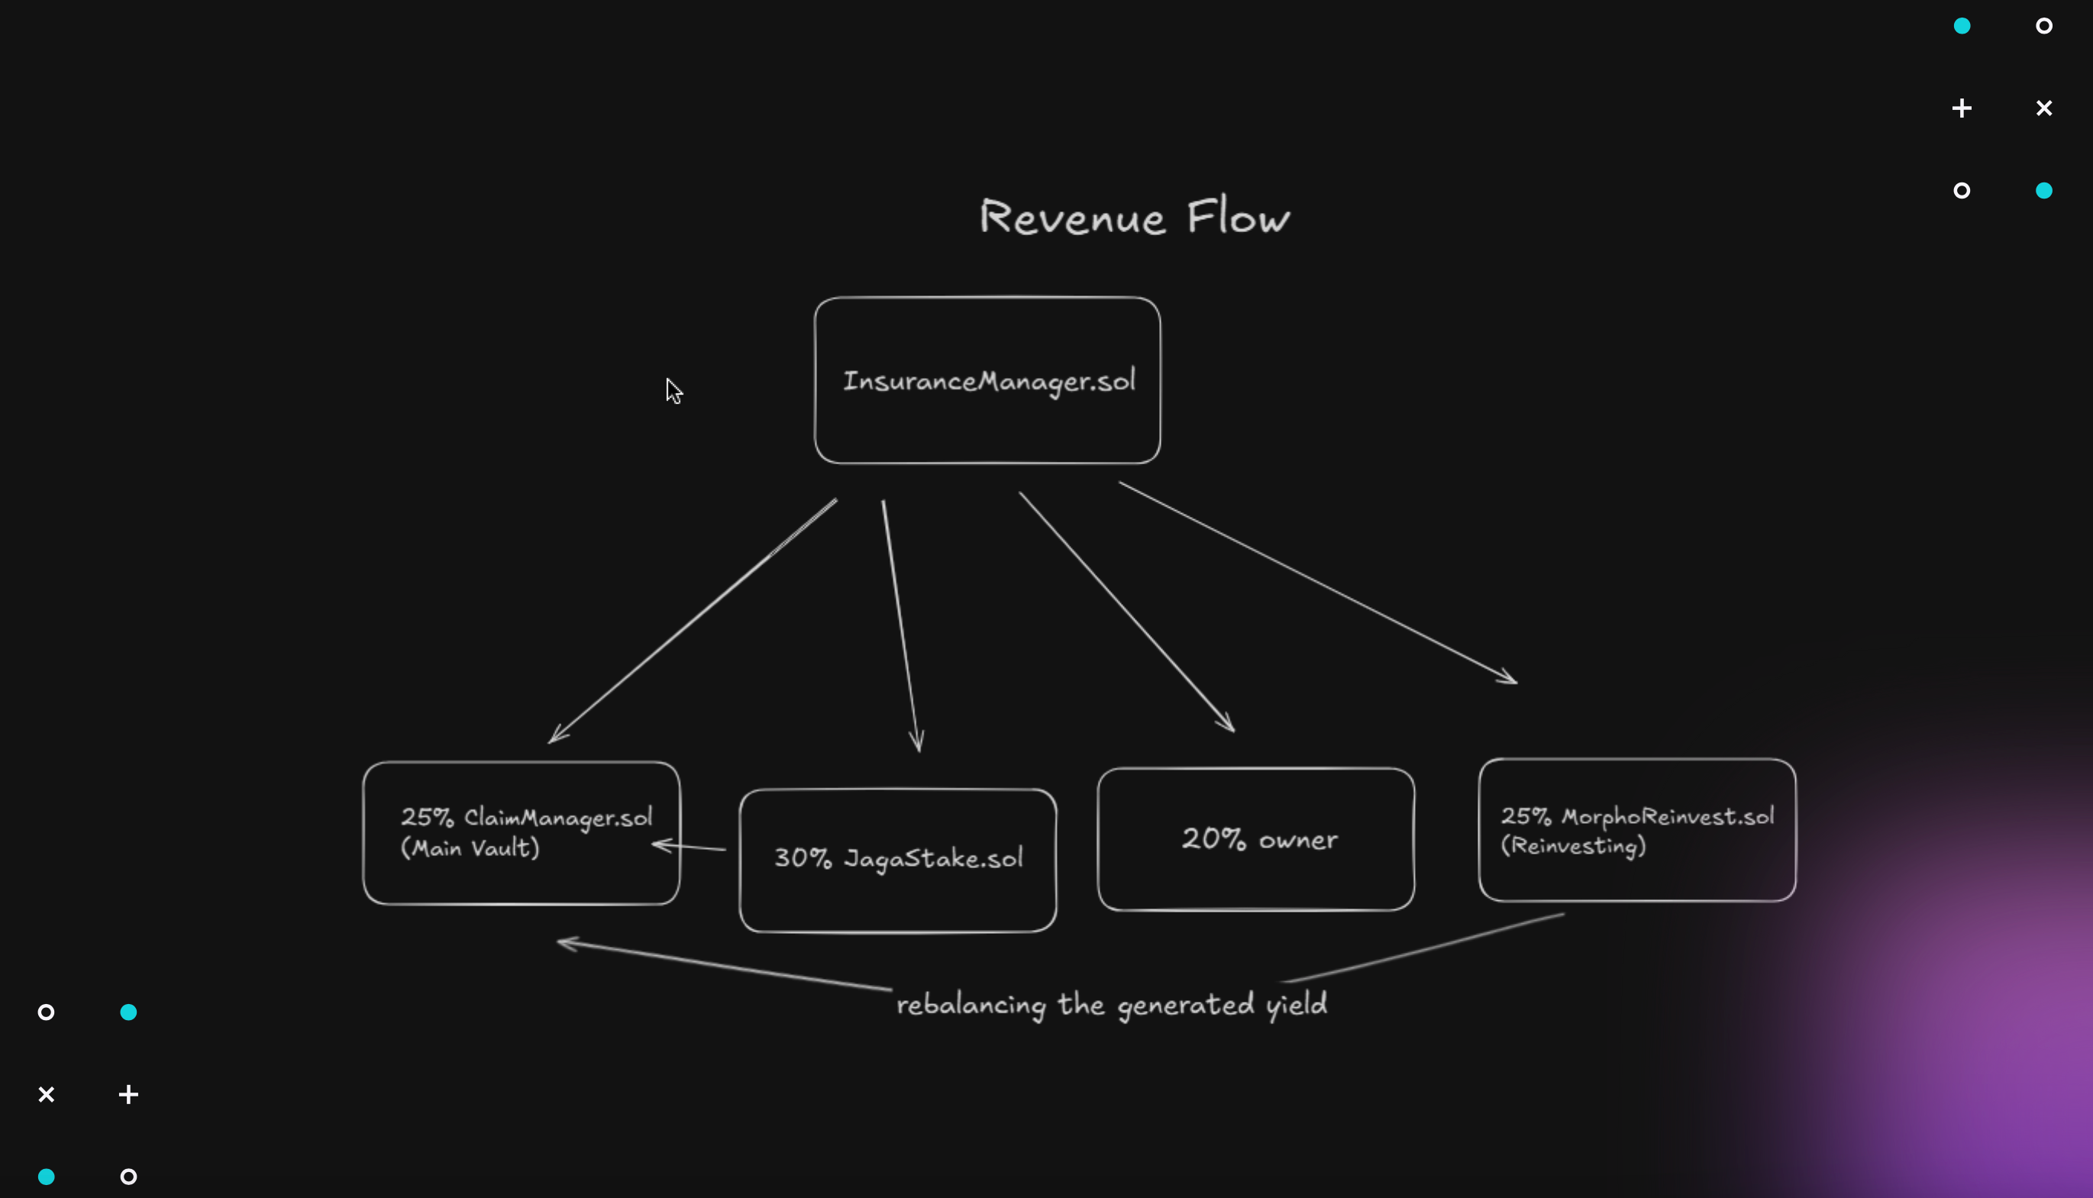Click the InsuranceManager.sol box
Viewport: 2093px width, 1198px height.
[x=987, y=380]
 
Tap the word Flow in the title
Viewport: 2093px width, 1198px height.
[x=1239, y=216]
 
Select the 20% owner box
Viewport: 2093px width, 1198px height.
[x=1257, y=838]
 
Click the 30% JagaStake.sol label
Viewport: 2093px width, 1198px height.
[x=899, y=858]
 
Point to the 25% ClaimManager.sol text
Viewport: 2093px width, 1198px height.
[x=527, y=817]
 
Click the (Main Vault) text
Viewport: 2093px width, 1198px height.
[x=470, y=848]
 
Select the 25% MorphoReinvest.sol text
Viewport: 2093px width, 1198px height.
[x=1637, y=816]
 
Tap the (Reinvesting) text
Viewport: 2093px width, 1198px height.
[x=1573, y=846]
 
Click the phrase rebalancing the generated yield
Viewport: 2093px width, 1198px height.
[x=1112, y=1005]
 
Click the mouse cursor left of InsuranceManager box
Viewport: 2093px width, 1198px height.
[x=673, y=391]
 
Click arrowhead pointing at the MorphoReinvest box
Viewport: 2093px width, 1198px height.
[x=1510, y=679]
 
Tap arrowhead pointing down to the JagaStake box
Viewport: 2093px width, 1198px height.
[x=917, y=743]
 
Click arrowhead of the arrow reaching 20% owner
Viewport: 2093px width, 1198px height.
[x=1228, y=724]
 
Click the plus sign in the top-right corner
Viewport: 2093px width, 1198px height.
[x=1962, y=108]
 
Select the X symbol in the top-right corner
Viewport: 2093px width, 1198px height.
[x=2043, y=108]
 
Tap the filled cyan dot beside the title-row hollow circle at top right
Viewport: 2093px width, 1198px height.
[x=2043, y=191]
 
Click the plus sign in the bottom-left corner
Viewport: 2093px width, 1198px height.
[x=128, y=1094]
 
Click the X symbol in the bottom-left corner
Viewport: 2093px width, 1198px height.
[x=46, y=1094]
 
